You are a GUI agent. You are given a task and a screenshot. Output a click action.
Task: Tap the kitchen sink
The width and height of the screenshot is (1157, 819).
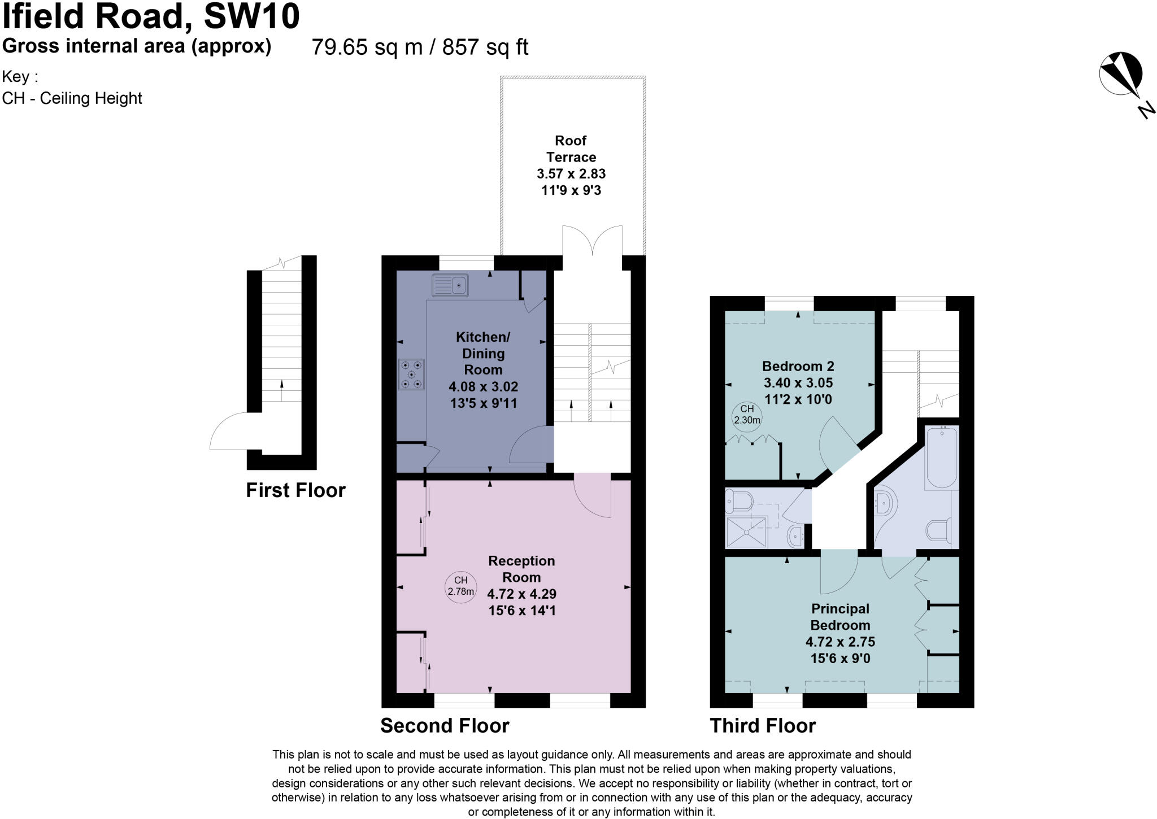(x=450, y=285)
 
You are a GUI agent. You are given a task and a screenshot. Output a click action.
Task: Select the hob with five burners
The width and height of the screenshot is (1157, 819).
(x=411, y=374)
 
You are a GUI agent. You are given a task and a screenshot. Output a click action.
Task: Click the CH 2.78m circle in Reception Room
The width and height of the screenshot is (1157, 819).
(x=460, y=587)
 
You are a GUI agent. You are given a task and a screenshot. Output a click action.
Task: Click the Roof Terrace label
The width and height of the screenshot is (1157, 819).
(x=571, y=149)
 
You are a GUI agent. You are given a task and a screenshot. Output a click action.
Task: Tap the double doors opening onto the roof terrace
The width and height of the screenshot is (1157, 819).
(x=592, y=241)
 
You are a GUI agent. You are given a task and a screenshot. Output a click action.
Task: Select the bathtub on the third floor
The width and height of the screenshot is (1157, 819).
(x=941, y=458)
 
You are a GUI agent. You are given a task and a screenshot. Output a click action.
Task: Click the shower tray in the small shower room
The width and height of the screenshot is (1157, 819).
(x=746, y=532)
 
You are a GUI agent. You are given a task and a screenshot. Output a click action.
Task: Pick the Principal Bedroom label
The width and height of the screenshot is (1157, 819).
(x=840, y=617)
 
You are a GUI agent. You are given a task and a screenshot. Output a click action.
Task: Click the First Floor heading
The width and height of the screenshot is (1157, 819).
(x=295, y=490)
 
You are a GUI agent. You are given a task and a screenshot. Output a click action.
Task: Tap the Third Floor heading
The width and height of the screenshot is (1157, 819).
(x=763, y=725)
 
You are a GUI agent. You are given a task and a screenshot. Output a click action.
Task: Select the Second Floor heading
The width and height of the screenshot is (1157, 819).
(x=445, y=725)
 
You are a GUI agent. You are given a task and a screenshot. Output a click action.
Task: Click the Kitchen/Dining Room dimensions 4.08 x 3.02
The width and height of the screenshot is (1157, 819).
(x=483, y=387)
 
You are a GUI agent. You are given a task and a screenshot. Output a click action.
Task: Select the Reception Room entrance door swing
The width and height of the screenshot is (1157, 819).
(x=593, y=497)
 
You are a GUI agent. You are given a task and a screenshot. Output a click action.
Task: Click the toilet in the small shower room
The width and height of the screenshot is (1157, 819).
(x=740, y=500)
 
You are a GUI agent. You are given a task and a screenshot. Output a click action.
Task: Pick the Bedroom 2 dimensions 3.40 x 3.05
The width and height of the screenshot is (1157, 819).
(x=798, y=383)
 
